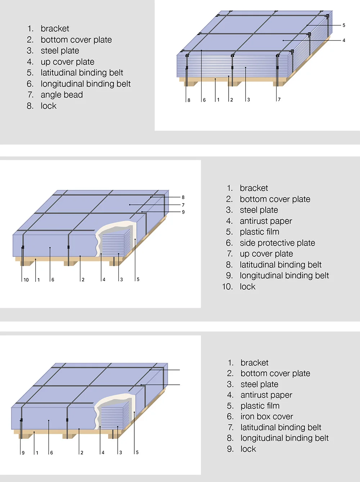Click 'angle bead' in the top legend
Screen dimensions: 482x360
click(x=62, y=95)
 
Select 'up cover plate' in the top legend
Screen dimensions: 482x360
click(x=67, y=62)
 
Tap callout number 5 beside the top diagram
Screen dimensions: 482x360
click(x=344, y=25)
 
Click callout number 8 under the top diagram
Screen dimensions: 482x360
click(x=189, y=100)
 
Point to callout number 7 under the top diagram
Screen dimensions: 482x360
click(x=279, y=99)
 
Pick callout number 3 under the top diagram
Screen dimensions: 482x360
click(x=248, y=100)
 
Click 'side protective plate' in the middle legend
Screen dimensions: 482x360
click(x=277, y=243)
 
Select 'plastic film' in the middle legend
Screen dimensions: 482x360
click(x=259, y=232)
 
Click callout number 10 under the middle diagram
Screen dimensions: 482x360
click(x=26, y=280)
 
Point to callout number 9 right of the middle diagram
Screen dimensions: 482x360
click(x=183, y=212)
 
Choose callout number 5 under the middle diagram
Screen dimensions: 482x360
click(x=138, y=280)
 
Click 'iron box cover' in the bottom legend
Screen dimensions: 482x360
click(x=266, y=417)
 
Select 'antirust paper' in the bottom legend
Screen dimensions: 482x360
click(x=266, y=395)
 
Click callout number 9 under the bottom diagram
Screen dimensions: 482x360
click(x=23, y=453)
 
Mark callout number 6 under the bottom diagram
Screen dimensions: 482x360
click(x=51, y=453)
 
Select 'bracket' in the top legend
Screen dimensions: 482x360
click(x=55, y=29)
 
